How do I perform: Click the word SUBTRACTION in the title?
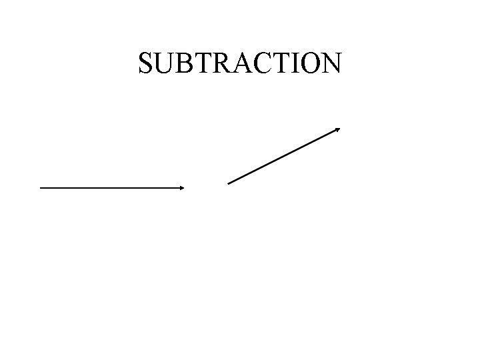pyautogui.click(x=240, y=63)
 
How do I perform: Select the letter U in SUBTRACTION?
pyautogui.click(x=165, y=63)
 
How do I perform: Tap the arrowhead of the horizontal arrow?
pyautogui.click(x=181, y=188)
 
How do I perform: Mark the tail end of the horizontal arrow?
pyautogui.click(x=41, y=188)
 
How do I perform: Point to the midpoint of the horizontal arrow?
pyautogui.click(x=112, y=188)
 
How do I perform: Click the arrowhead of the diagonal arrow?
pyautogui.click(x=338, y=129)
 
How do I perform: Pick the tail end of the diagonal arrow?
pyautogui.click(x=229, y=183)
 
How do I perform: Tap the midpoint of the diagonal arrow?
pyautogui.click(x=284, y=155)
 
